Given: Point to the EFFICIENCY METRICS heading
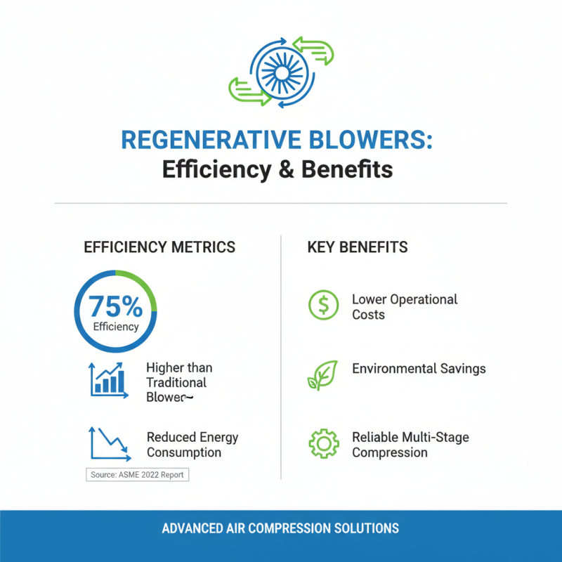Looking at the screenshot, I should click(x=159, y=247).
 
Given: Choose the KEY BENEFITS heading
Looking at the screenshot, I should click(x=358, y=247).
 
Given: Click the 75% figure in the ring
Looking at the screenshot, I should click(x=115, y=306).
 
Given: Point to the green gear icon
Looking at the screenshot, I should click(x=323, y=444).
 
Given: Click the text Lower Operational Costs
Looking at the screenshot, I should click(x=404, y=307).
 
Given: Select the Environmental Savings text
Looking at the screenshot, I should click(x=419, y=369).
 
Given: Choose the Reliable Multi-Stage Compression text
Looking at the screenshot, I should click(x=410, y=445).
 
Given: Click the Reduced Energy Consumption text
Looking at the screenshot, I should click(x=192, y=445).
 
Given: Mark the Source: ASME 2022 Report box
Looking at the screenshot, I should click(x=137, y=475).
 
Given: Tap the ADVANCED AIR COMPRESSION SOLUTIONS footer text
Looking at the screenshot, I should click(x=280, y=528).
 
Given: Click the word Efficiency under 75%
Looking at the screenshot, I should click(x=116, y=327).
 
